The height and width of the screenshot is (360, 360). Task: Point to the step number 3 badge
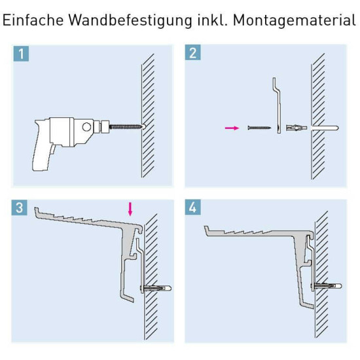pyautogui.click(x=21, y=208)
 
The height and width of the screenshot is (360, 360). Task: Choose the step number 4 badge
pyautogui.click(x=193, y=208)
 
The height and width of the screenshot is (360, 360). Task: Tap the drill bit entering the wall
pyautogui.click(x=127, y=126)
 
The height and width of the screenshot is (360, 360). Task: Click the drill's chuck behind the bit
pyautogui.click(x=102, y=126)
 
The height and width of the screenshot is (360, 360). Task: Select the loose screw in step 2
pyautogui.click(x=259, y=128)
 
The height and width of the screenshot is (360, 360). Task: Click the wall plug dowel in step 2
pyautogui.click(x=295, y=128)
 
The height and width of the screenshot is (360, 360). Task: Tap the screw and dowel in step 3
pyautogui.click(x=156, y=289)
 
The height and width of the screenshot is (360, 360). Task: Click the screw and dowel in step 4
pyautogui.click(x=328, y=286)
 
